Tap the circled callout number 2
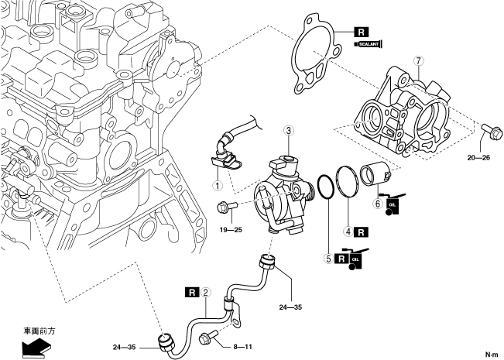click(x=206, y=292)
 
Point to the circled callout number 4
click(x=348, y=231)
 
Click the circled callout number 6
click(x=378, y=204)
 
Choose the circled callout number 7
click(x=418, y=60)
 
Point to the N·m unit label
click(x=491, y=354)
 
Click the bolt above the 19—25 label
click(x=225, y=207)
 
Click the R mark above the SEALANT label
click(x=361, y=33)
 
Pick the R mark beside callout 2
click(x=193, y=292)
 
